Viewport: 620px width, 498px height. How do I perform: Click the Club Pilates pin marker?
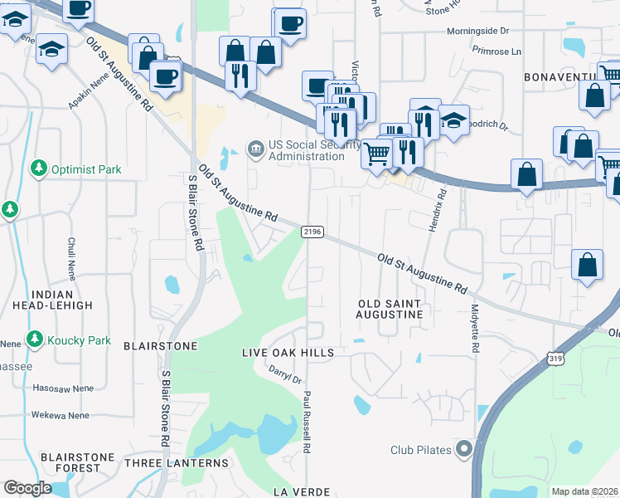tap(463, 450)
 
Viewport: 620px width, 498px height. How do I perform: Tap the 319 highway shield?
tap(555, 357)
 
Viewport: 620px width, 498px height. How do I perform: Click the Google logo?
tap(27, 488)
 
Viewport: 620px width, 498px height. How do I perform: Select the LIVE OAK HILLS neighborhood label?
tap(288, 353)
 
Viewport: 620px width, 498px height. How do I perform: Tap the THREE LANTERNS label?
tap(176, 462)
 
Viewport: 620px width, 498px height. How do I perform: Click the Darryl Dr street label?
tap(286, 376)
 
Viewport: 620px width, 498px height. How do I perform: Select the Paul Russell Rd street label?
tap(306, 422)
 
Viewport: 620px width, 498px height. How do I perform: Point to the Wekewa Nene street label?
tap(61, 415)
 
